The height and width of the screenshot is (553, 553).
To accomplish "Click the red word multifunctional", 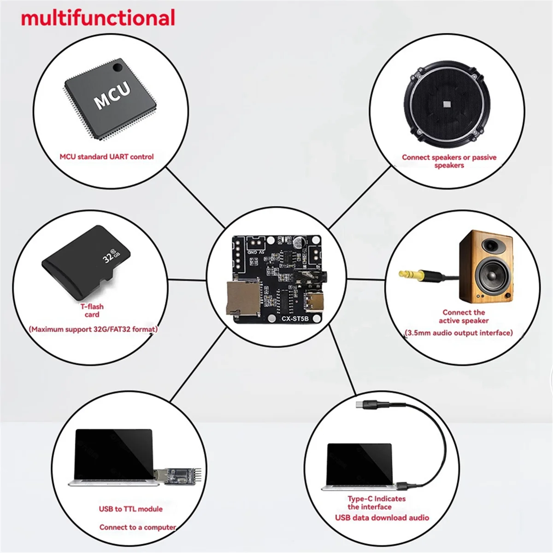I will coord(98,18).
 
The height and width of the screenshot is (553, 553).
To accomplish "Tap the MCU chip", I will coord(111,99).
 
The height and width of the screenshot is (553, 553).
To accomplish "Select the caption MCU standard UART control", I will coord(106,157).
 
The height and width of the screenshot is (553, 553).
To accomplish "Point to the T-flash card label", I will coord(92,310).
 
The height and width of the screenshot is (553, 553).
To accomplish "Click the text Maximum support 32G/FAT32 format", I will coord(93,329).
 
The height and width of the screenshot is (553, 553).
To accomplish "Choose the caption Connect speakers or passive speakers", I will coord(449,161).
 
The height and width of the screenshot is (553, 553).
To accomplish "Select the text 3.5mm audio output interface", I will coord(459,333).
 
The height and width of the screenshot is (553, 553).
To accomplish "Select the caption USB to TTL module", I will coord(131,509).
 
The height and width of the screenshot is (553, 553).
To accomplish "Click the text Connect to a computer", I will coord(137,527).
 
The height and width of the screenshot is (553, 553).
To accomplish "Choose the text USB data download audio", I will coord(382,518).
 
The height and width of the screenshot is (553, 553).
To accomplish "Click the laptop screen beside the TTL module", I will coord(113,454).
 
